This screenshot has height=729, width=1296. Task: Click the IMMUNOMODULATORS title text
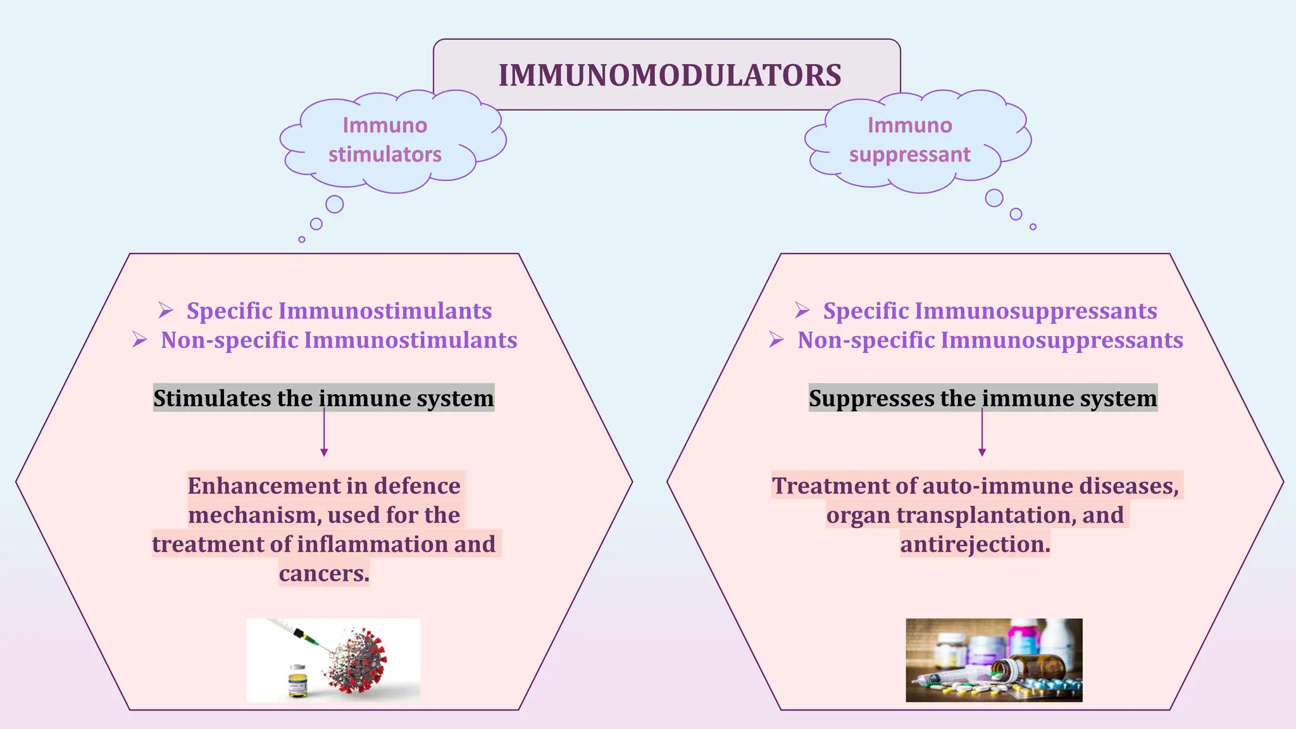670,75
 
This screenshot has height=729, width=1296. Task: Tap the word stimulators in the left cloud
385,154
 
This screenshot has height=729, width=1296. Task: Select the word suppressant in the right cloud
909,154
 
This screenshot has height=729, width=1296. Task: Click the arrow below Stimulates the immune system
324,433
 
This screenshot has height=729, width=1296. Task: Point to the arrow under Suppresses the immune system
982,433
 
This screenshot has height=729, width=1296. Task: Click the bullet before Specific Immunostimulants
166,310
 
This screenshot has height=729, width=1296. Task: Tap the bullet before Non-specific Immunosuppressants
776,340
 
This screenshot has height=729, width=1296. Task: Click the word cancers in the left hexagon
323,573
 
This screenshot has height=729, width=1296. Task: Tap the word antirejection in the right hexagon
975,544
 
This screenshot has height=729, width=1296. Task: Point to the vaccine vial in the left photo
297,682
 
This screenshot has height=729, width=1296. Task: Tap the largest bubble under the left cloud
334,204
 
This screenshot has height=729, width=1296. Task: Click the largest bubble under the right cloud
994,198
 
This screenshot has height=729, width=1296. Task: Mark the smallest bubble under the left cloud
302,239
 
